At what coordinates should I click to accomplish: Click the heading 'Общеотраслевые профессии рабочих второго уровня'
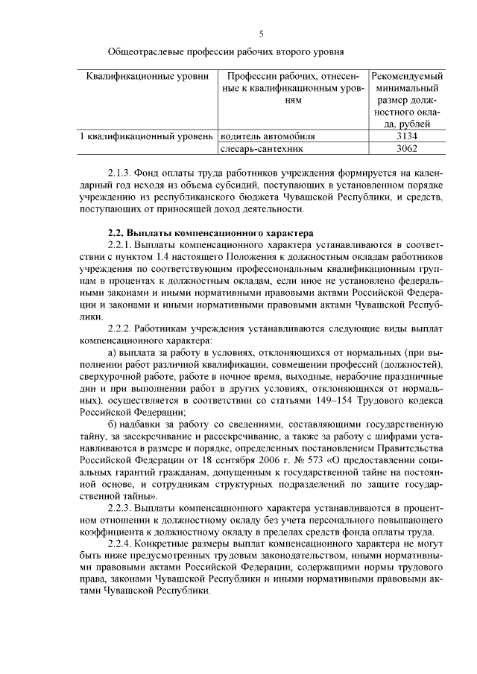click(226, 52)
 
